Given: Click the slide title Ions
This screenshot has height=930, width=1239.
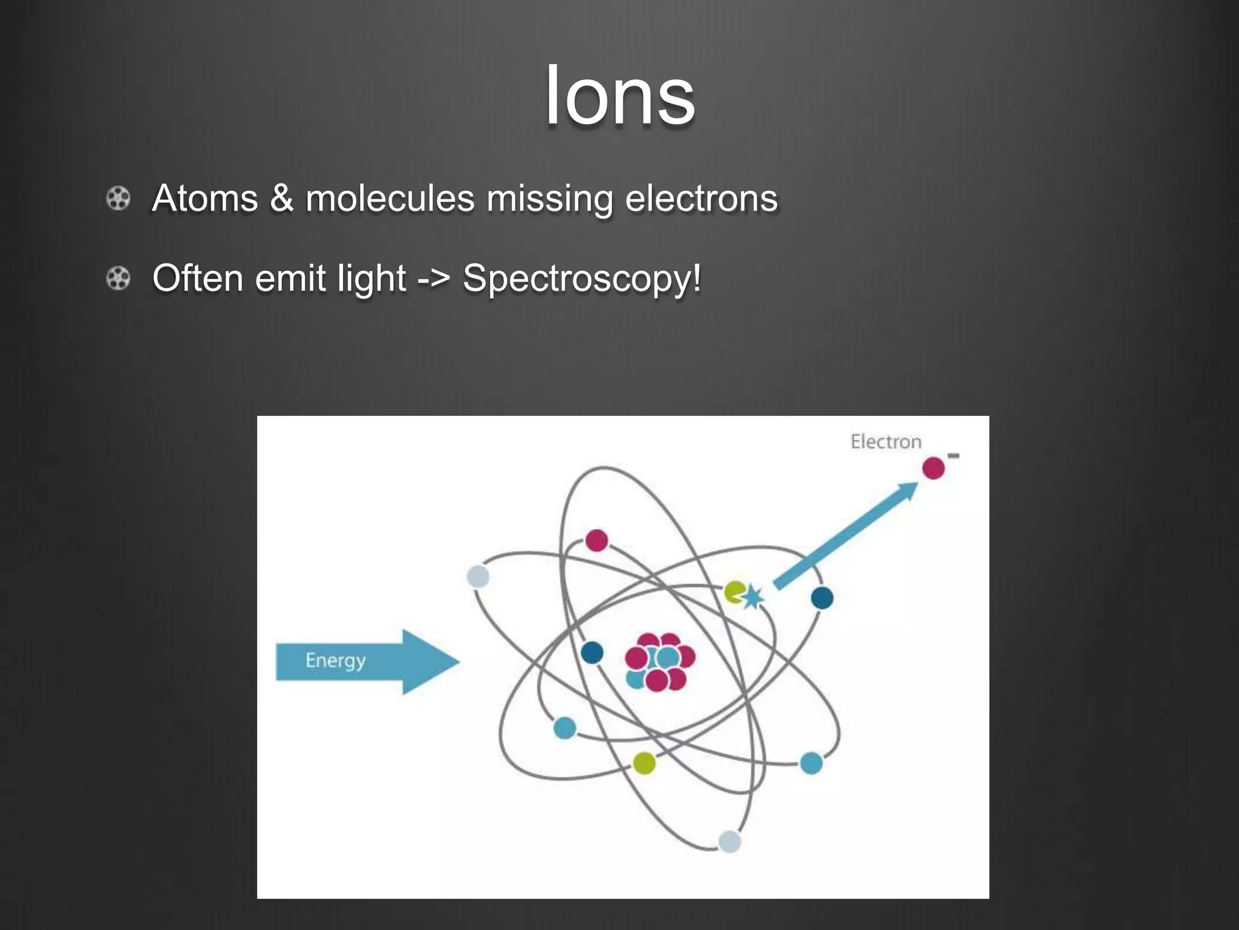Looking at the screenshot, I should click(619, 97).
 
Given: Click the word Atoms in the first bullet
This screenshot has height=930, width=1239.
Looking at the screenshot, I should click(205, 199).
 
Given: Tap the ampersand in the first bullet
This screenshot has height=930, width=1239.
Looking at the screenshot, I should click(281, 199).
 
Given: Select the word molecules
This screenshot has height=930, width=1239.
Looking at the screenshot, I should click(390, 199).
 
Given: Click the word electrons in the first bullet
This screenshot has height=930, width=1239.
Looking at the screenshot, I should click(701, 199).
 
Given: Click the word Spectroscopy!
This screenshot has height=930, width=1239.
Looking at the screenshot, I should click(582, 279).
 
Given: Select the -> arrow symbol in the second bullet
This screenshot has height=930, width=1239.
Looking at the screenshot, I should click(434, 279).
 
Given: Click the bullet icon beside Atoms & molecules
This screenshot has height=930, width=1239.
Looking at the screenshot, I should click(118, 199).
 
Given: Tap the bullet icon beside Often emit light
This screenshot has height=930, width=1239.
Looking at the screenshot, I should click(118, 279).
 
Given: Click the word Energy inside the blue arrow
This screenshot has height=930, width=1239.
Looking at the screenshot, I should click(335, 661).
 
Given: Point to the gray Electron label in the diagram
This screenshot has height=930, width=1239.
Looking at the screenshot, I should click(886, 442).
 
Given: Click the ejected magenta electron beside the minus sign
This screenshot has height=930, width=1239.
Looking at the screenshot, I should click(933, 468).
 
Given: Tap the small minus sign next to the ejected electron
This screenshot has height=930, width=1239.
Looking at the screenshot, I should click(953, 455).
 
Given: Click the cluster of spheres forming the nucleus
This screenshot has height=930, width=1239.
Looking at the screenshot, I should click(659, 662).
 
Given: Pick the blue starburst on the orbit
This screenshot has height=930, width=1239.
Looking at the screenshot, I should click(753, 596).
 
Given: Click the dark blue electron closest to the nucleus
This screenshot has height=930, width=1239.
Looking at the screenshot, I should click(592, 653).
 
